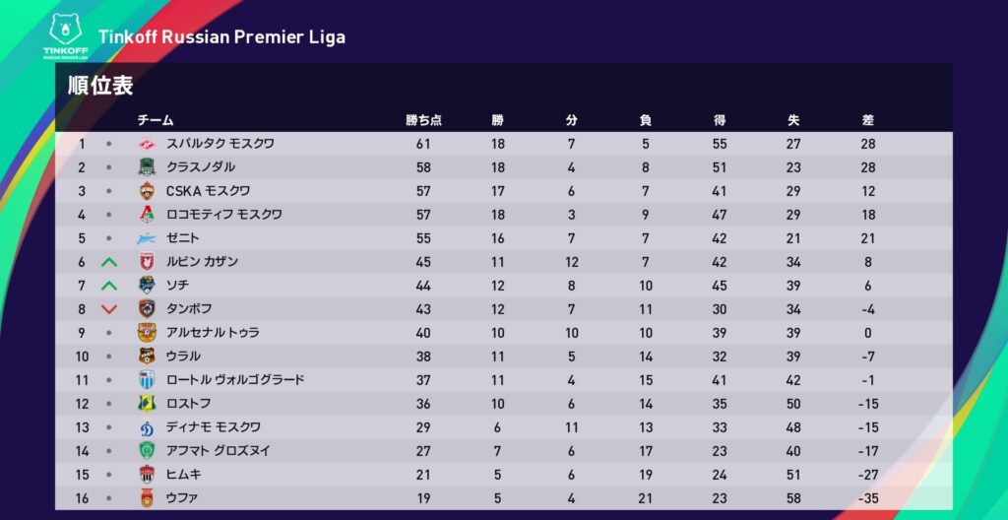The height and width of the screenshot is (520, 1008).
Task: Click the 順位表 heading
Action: [x=100, y=86]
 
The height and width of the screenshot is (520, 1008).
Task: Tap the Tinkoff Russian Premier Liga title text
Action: [x=221, y=37]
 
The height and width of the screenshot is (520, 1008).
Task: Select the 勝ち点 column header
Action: [x=423, y=120]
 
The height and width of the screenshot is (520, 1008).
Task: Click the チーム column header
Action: [x=155, y=120]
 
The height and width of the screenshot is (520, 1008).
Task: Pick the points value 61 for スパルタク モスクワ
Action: [x=423, y=144]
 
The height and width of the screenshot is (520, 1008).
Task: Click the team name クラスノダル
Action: [x=201, y=167]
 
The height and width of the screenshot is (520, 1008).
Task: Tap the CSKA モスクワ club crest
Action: [x=147, y=191]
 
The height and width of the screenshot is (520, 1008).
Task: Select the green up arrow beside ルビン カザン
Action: [x=109, y=262]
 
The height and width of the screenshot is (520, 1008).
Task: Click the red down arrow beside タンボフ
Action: [x=109, y=309]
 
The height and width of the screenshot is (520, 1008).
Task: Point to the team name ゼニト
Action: [x=183, y=238]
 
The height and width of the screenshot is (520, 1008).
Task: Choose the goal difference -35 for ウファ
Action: [x=867, y=498]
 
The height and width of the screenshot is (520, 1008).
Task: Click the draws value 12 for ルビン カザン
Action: [x=572, y=262]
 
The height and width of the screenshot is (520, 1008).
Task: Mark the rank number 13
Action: [x=83, y=427]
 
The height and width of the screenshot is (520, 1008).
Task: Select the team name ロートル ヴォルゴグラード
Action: [x=235, y=380]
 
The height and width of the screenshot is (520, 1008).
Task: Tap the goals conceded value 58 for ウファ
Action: [x=793, y=498]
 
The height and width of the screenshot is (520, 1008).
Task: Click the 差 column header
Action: [x=867, y=120]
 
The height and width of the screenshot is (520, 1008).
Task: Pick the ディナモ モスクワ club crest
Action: [x=147, y=427]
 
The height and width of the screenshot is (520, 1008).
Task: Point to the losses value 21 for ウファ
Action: [x=646, y=498]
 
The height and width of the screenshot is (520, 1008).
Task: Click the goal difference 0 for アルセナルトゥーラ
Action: [x=867, y=333]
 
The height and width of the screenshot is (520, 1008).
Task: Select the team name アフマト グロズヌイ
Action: [x=219, y=451]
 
